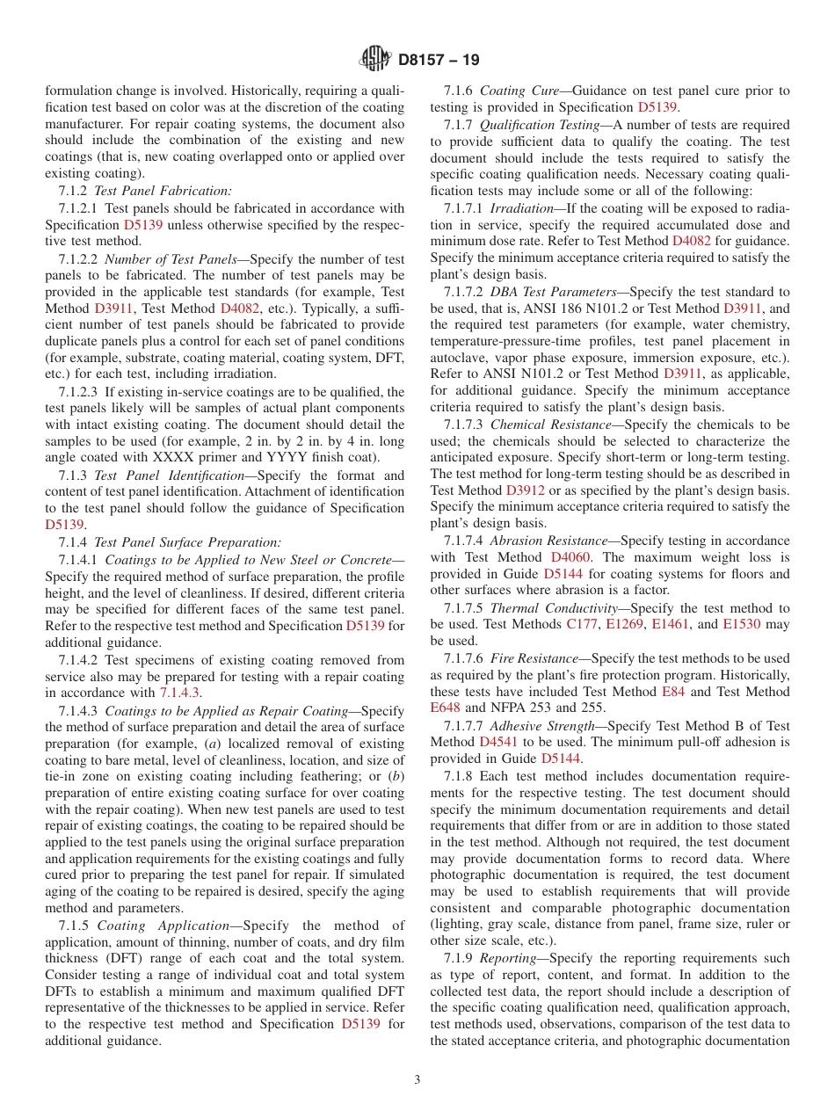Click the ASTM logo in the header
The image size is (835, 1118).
click(377, 60)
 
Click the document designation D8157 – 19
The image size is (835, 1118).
click(439, 61)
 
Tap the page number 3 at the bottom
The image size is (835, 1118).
click(417, 1080)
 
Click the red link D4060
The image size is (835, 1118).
click(570, 557)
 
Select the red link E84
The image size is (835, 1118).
click(672, 692)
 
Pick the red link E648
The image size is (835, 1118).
click(445, 708)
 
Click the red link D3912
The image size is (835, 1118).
click(526, 490)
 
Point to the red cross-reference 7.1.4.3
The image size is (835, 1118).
click(180, 693)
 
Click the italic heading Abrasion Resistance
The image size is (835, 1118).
click(548, 541)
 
